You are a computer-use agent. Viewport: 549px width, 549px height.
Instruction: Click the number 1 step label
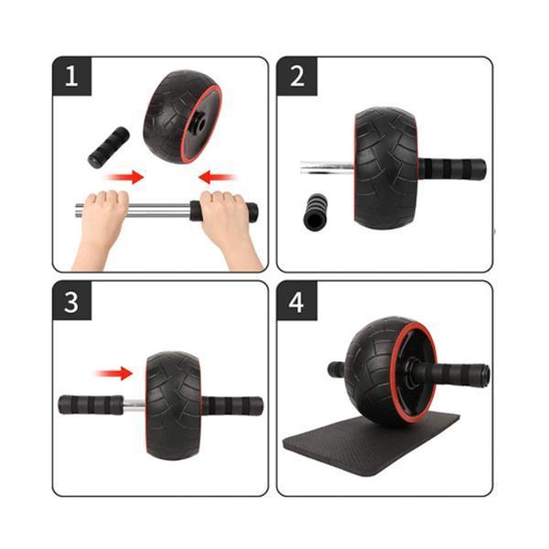[x=71, y=76]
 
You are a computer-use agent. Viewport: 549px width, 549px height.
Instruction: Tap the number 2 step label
[x=296, y=76]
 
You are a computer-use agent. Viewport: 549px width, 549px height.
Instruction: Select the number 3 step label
[x=71, y=301]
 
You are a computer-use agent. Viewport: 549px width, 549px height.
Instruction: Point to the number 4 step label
[x=296, y=301]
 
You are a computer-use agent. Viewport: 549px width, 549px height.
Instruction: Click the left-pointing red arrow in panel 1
[x=217, y=177]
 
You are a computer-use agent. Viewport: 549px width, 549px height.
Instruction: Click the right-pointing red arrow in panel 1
[x=125, y=177]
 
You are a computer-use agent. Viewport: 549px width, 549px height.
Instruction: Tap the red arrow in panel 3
[x=114, y=373]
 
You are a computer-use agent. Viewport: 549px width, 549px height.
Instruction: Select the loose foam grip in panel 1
[x=109, y=147]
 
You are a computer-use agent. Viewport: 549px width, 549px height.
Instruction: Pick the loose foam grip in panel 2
[x=316, y=211]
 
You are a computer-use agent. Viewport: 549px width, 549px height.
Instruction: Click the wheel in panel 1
[x=183, y=116]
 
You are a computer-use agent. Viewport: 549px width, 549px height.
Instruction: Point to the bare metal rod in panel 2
[x=327, y=167]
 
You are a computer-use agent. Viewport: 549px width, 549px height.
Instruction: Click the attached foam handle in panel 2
[x=452, y=168]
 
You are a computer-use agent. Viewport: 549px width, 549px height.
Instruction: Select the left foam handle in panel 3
[x=91, y=404]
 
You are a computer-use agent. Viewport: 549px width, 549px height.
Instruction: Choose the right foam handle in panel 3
[x=232, y=405]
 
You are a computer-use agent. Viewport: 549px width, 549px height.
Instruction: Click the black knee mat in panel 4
[x=371, y=442]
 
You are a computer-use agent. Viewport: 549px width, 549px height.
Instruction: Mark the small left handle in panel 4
[x=336, y=370]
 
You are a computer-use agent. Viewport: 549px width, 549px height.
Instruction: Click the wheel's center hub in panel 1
[x=197, y=123]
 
